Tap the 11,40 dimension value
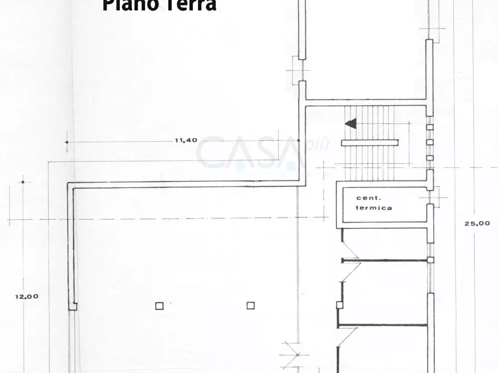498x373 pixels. coord(186,140)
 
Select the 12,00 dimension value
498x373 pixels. coord(27,296)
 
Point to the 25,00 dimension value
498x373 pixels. coord(477,223)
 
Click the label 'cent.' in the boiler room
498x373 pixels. coord(369,198)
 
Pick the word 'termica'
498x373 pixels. coord(374,208)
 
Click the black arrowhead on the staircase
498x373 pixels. coord(351,124)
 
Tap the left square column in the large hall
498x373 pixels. coord(159,305)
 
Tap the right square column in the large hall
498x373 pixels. coord(250,305)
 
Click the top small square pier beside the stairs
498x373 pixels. coord(429,127)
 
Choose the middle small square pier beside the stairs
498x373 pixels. coord(429,142)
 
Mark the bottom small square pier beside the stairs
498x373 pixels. coord(429,158)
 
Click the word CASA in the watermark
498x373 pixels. coord(248,154)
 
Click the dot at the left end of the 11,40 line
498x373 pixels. coord(67,142)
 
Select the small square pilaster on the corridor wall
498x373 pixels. coord(339,305)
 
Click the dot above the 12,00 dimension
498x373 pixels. coord(23,181)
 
